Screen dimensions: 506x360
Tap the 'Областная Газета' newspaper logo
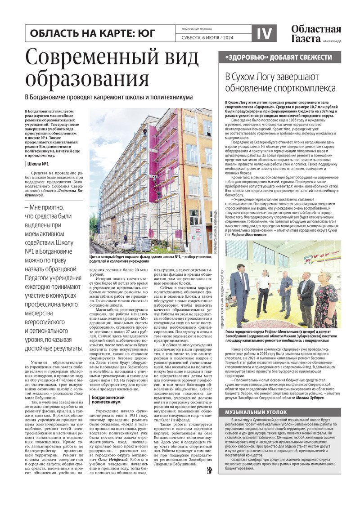(315, 34)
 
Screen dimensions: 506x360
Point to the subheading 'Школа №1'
(39, 165)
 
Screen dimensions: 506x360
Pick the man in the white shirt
(264, 293)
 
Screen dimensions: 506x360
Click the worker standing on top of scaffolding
(145, 132)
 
